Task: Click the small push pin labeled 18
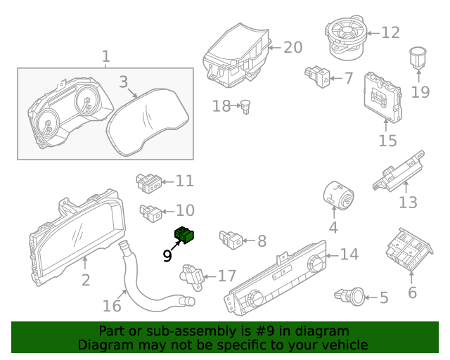247,107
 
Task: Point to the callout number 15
387,141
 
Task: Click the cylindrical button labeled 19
418,57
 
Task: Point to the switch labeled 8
231,239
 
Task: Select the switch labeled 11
148,183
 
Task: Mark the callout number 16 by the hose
112,306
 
